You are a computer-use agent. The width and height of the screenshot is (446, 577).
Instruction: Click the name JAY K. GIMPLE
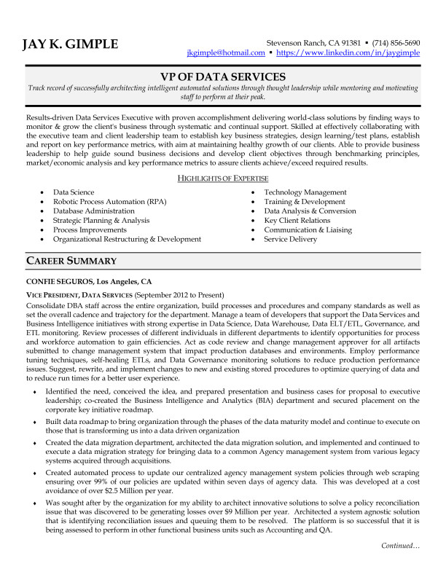[x=69, y=44]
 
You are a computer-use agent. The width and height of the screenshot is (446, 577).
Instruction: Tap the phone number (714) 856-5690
[x=395, y=42]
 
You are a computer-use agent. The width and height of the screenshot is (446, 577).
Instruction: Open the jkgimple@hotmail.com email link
[x=225, y=53]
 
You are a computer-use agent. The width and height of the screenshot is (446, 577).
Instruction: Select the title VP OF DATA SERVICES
[x=222, y=76]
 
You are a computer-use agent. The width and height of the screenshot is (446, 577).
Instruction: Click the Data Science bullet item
[x=74, y=192]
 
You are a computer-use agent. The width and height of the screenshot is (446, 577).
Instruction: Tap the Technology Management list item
[x=305, y=192]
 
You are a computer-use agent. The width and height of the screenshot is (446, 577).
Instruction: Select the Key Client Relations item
[x=297, y=221]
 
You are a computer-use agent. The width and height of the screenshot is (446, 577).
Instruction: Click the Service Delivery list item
[x=290, y=239]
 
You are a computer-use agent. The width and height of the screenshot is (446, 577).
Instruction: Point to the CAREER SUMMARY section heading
[x=71, y=261]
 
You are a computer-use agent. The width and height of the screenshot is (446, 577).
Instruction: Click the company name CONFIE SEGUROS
[x=59, y=280]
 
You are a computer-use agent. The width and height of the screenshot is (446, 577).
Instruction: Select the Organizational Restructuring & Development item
[x=127, y=239]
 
